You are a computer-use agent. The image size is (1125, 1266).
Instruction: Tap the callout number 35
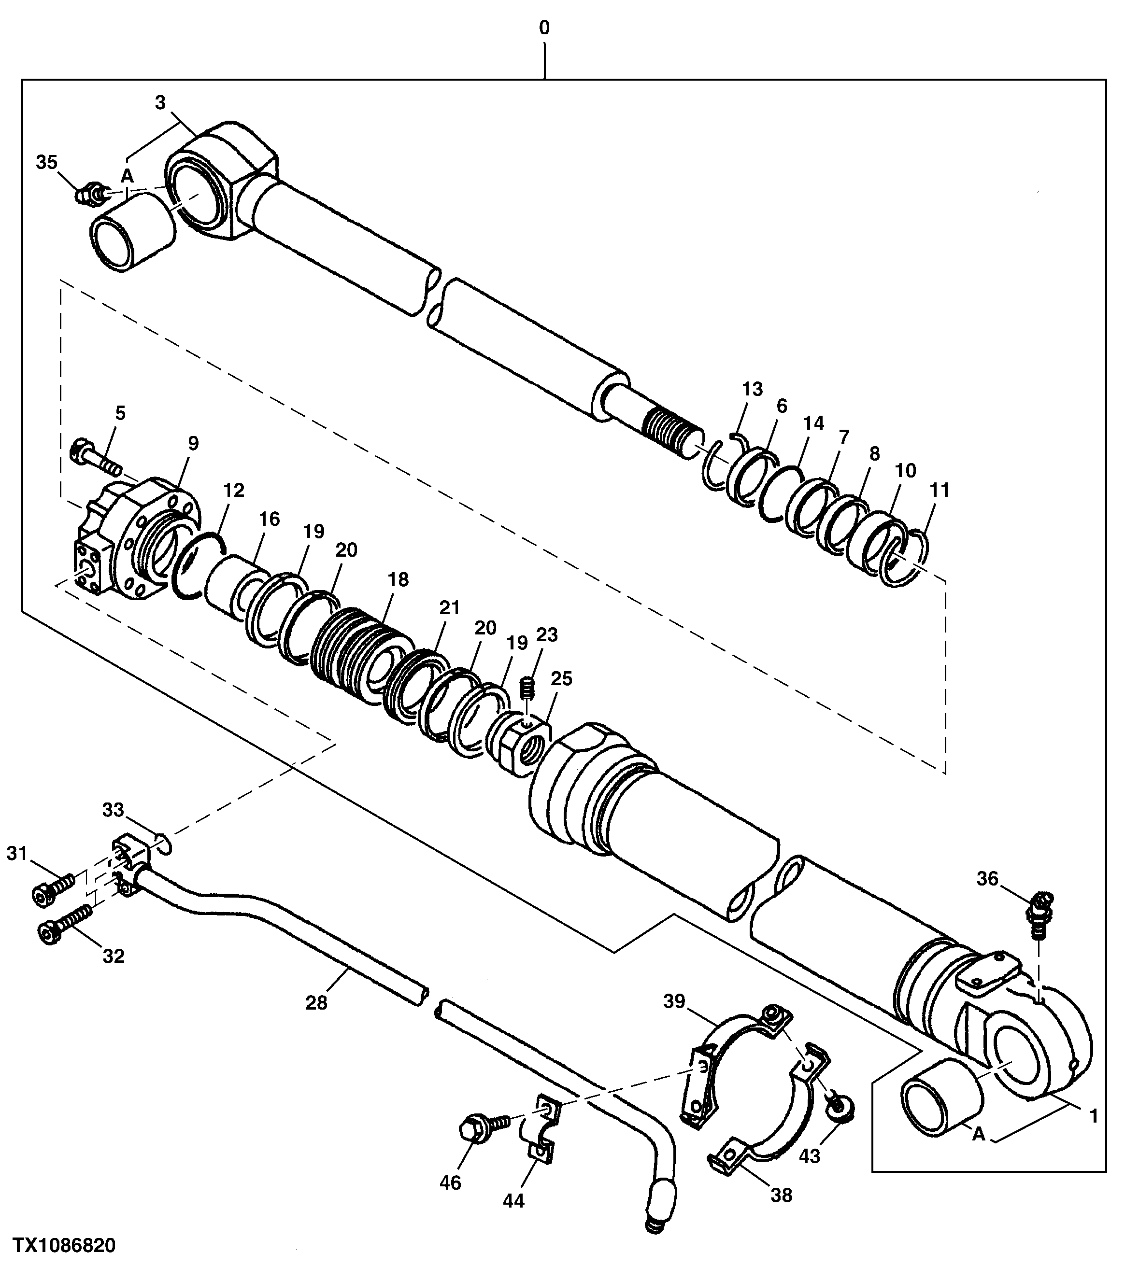(x=46, y=163)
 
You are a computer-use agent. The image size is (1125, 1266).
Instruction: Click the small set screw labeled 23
(x=527, y=686)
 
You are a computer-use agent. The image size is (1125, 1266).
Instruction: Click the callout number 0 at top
(x=544, y=28)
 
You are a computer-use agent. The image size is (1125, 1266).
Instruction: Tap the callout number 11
(x=939, y=490)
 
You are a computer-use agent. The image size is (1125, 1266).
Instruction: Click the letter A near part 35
(x=127, y=177)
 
